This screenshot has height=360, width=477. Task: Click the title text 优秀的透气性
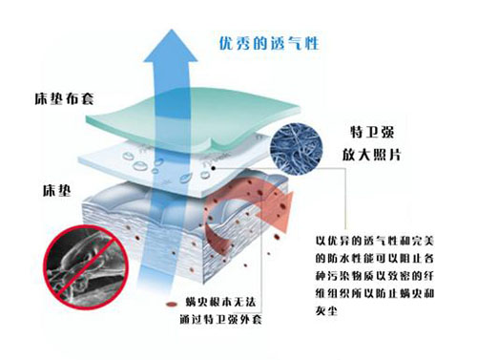pyautogui.click(x=255, y=42)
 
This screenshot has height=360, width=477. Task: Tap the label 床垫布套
pyautogui.click(x=54, y=99)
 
